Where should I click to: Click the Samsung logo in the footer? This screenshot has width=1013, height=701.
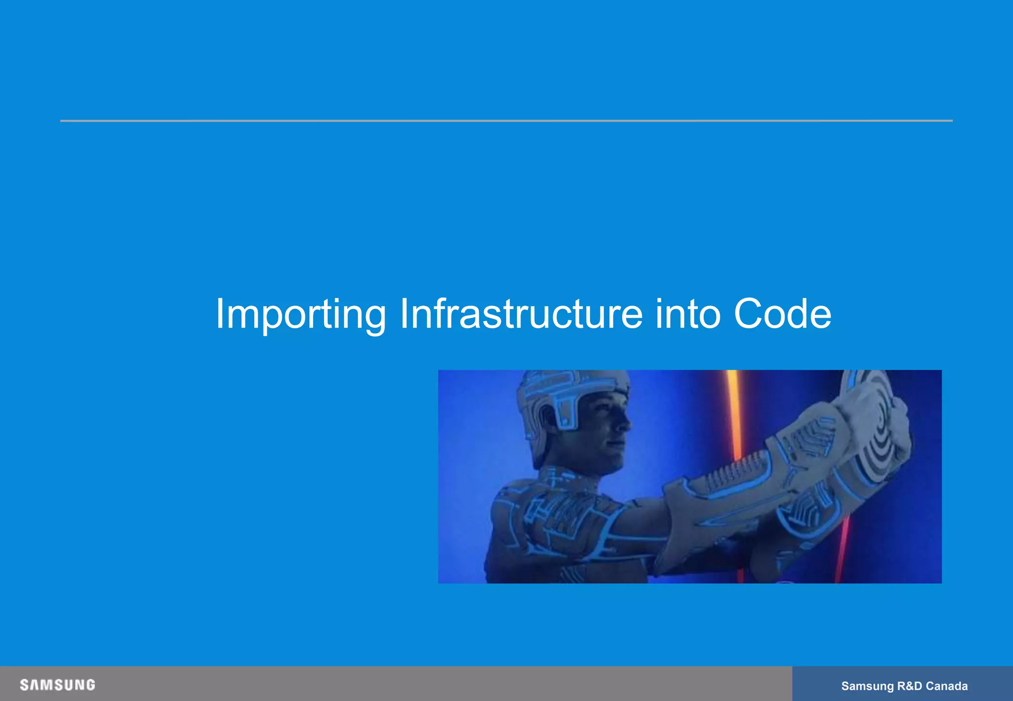(x=57, y=685)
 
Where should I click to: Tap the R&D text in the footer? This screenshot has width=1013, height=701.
(x=910, y=686)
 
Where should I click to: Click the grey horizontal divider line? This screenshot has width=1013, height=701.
(x=506, y=121)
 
